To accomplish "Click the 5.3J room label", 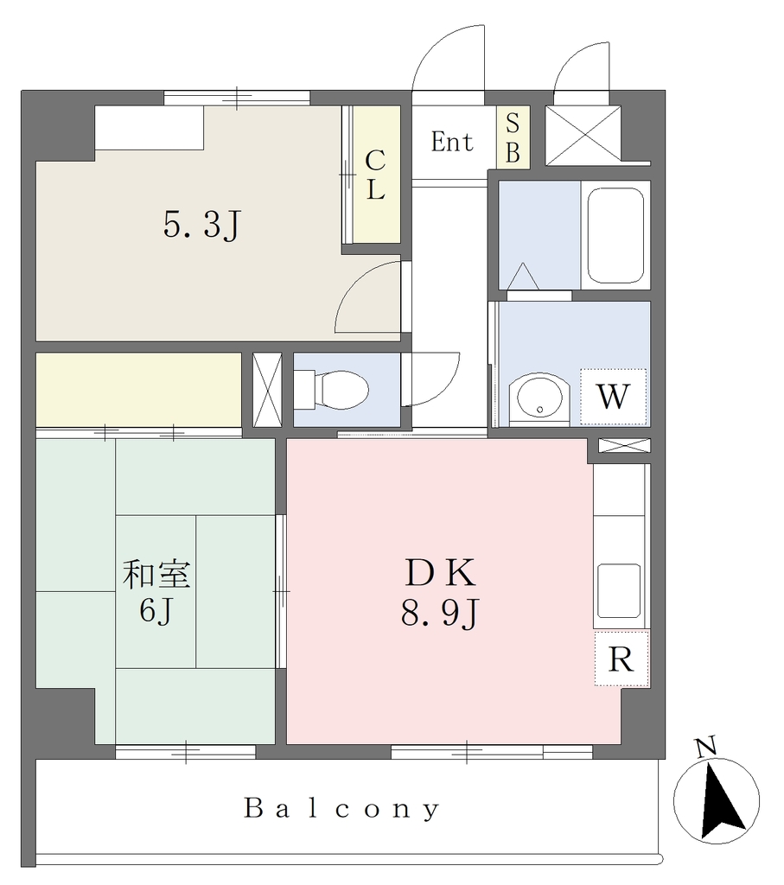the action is coord(202,226).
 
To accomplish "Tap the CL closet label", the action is coord(375,175).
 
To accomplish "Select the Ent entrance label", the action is coord(452,142).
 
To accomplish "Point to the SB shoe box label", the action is coord(513,137).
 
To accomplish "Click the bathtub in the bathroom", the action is coord(615,235).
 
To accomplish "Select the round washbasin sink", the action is coord(539,396).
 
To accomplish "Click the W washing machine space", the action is coord(613,397).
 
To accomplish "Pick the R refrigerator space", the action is coord(621,659).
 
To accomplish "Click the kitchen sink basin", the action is coord(619,590).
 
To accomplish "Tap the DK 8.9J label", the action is coord(440,593).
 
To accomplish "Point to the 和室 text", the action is coord(156,574).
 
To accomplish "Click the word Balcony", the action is coord(342,809).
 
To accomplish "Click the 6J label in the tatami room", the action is coord(156,610).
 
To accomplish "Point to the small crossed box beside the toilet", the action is coord(267,390).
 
